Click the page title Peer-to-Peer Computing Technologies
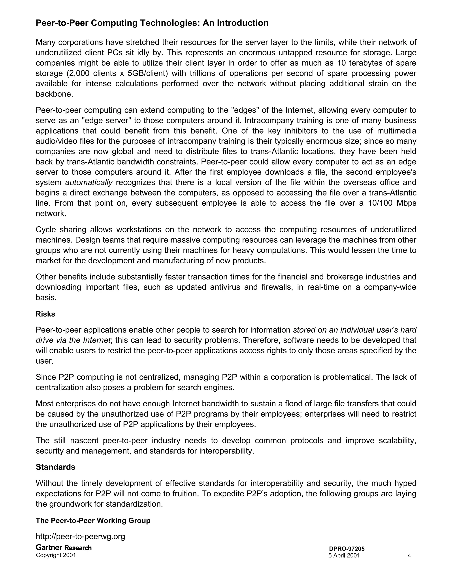pos(152,23)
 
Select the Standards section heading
pos(55,467)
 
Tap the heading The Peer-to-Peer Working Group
pos(93,520)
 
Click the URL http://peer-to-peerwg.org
pos(80,536)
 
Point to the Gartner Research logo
pos(64,547)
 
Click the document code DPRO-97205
pos(347,549)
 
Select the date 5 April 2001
pos(344,555)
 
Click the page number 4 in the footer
pos(409,555)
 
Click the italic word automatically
pos(89,182)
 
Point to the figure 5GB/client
pos(147,73)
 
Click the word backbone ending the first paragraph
pos(54,94)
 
